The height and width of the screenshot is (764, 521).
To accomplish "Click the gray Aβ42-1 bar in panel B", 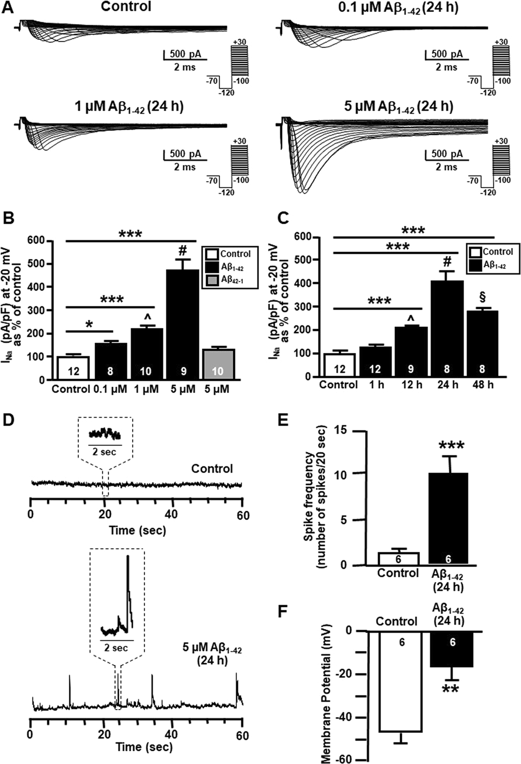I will click(217, 364).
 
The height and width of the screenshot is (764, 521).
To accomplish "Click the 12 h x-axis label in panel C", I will click(412, 384).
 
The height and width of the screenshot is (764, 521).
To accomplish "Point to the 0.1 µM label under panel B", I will click(110, 389).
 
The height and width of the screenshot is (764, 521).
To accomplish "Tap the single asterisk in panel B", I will click(89, 325).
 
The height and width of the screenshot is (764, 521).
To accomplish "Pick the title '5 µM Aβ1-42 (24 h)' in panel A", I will click(399, 107).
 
